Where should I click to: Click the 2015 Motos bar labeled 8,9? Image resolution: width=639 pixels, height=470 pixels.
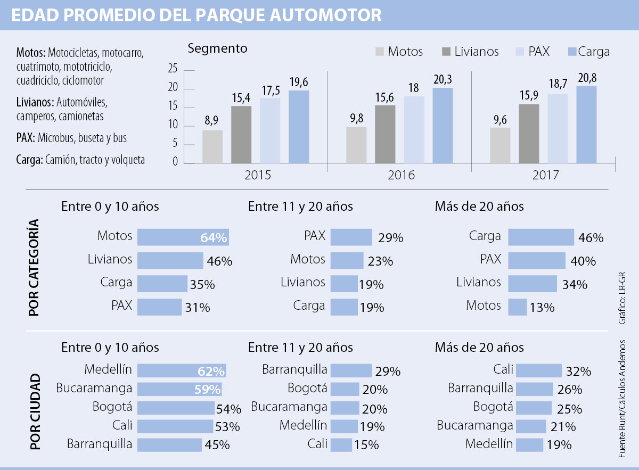click(x=212, y=146)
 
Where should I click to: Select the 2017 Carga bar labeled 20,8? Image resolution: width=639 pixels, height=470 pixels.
click(x=586, y=125)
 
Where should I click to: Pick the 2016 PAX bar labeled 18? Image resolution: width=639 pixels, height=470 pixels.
click(x=413, y=129)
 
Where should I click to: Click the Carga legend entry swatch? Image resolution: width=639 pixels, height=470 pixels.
click(x=572, y=52)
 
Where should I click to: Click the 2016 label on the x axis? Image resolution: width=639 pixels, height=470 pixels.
click(x=401, y=175)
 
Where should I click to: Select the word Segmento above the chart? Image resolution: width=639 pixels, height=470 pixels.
click(x=217, y=48)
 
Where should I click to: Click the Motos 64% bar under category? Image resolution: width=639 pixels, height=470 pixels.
click(x=183, y=237)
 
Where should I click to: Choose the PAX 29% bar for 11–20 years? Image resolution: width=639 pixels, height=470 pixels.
click(x=351, y=237)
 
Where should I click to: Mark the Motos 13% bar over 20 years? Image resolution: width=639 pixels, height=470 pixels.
click(x=517, y=307)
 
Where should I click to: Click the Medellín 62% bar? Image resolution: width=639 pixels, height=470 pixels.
click(x=182, y=370)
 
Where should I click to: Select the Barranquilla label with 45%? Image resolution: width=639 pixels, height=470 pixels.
click(x=99, y=444)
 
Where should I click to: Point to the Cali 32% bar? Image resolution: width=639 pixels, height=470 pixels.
click(x=538, y=370)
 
